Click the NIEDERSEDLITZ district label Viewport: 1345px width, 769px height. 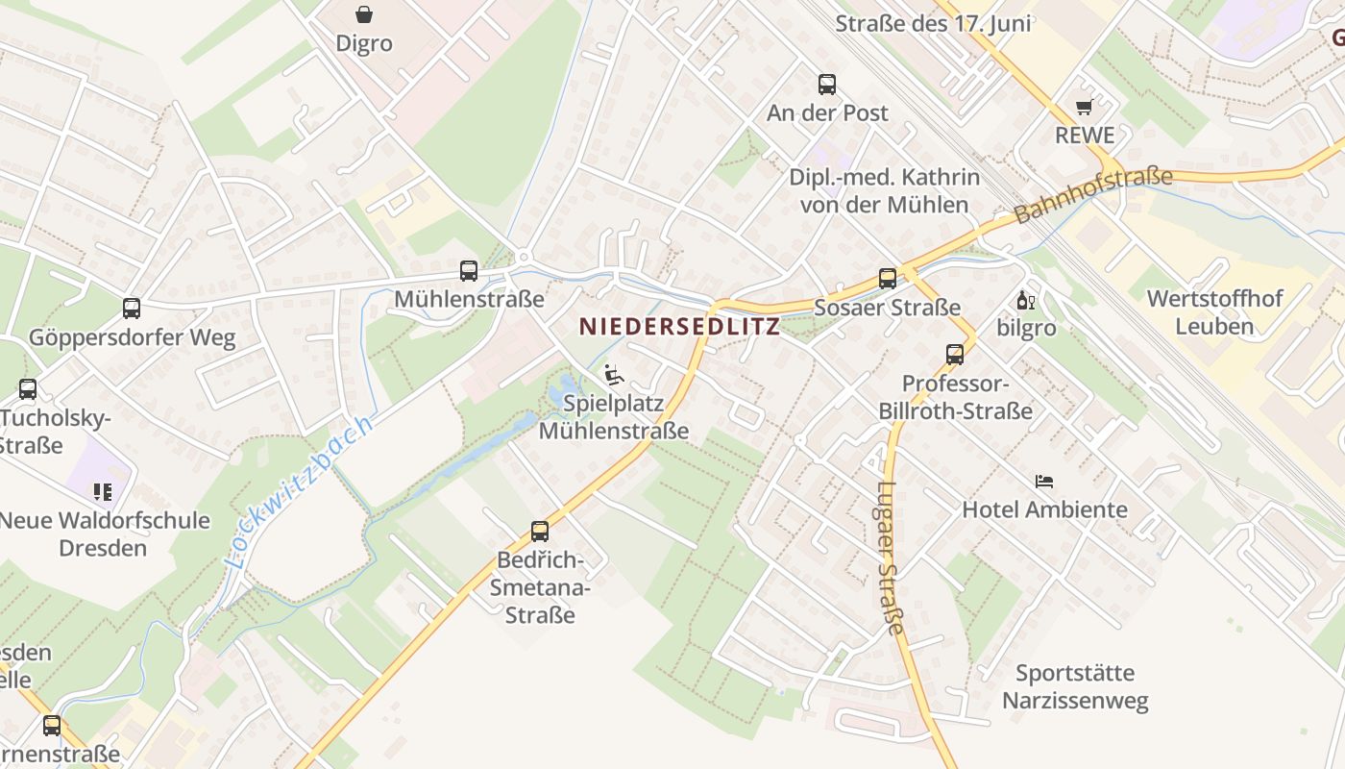click(x=680, y=327)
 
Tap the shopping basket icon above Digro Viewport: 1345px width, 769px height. click(x=364, y=14)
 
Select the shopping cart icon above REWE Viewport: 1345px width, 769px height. click(x=1085, y=107)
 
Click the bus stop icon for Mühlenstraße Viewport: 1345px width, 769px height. click(x=469, y=271)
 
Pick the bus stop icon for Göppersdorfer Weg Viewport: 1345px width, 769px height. click(x=132, y=309)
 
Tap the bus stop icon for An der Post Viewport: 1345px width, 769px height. click(x=827, y=85)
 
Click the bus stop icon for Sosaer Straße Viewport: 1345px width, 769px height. click(x=888, y=279)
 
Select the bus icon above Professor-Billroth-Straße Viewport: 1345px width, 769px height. click(x=955, y=354)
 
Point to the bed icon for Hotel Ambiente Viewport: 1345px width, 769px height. click(x=1044, y=481)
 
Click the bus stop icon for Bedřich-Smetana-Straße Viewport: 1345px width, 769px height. click(x=540, y=531)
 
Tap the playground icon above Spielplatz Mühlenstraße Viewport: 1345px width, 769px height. click(x=614, y=374)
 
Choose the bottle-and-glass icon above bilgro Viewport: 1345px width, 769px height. click(x=1026, y=300)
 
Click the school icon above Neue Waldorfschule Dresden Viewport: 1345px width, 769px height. click(x=103, y=492)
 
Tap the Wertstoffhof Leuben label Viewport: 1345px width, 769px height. click(x=1214, y=312)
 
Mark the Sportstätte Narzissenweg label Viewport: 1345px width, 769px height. click(x=1075, y=686)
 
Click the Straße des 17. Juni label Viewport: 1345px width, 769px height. click(x=933, y=24)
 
